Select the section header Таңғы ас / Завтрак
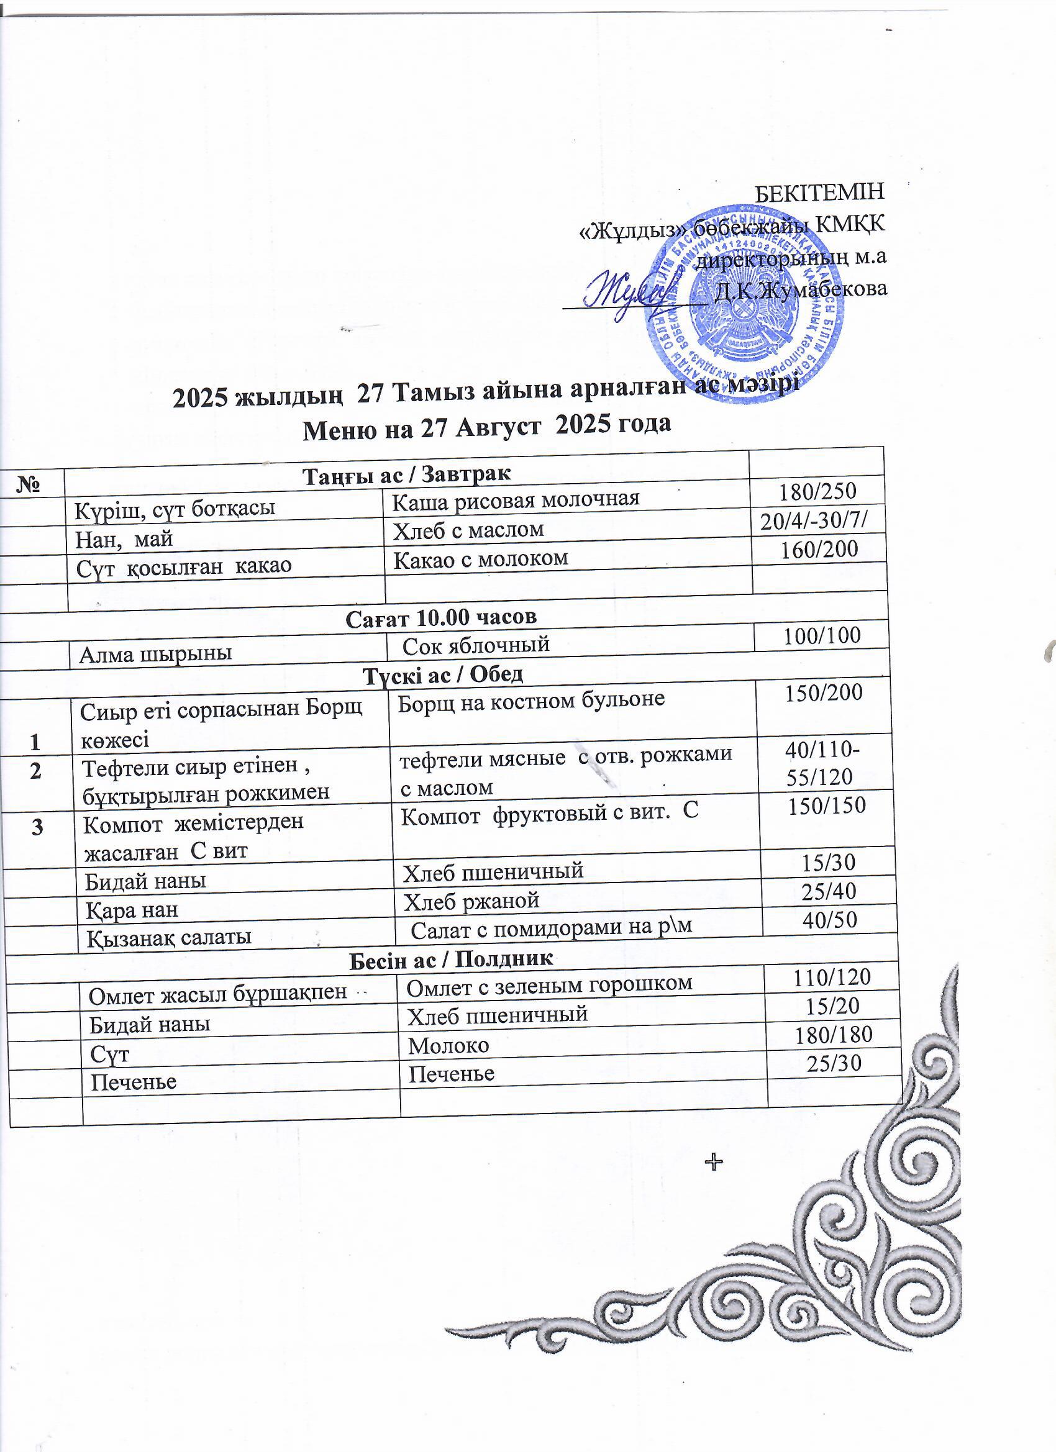point(407,475)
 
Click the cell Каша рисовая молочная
point(516,499)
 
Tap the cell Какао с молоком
point(480,559)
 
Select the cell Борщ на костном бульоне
point(531,702)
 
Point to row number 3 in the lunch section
point(38,827)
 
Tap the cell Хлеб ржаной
point(471,901)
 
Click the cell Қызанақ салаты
point(169,937)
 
